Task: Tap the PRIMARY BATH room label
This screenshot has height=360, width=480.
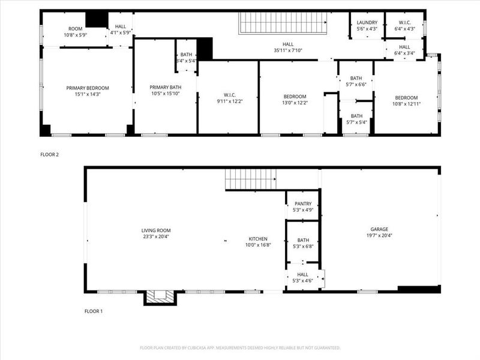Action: (165, 88)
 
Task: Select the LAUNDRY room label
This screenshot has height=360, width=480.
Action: (367, 23)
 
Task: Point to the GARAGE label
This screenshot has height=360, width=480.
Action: (379, 229)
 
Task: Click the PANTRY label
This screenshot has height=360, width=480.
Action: (303, 204)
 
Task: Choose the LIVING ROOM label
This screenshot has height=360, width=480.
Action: (156, 230)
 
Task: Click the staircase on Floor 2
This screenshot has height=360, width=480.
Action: (283, 23)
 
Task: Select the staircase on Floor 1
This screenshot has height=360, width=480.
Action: (251, 179)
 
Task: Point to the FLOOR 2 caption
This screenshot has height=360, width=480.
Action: (49, 155)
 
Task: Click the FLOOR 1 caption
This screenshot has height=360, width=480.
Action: (94, 311)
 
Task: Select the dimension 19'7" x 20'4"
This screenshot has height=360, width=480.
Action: (379, 236)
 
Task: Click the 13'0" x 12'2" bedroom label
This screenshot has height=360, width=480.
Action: (295, 100)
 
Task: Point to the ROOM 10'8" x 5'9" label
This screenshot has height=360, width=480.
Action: (75, 32)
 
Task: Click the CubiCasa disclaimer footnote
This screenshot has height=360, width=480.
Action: (240, 347)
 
